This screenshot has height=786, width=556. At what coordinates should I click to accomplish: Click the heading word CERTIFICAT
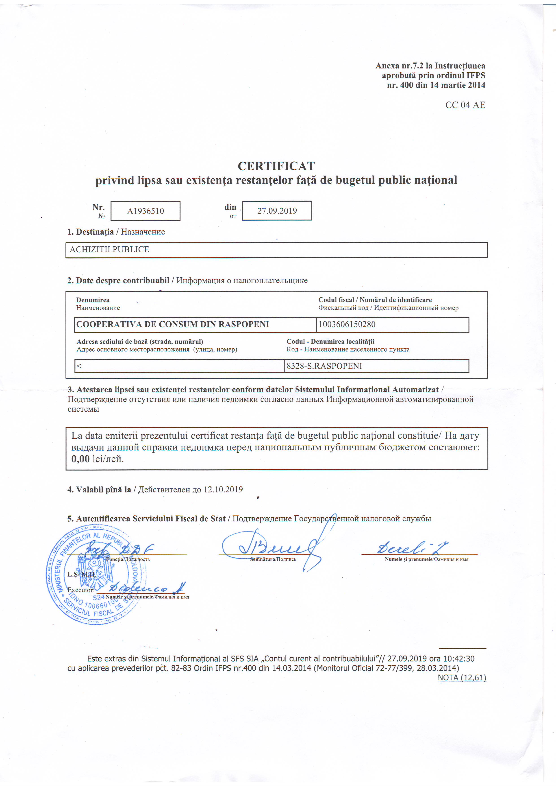coord(276,166)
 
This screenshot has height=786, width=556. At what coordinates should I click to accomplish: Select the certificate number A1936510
coord(146,211)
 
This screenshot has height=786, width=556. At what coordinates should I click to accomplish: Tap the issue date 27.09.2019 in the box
coord(277,211)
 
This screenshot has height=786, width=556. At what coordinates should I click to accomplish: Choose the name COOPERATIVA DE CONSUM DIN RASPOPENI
coord(173,324)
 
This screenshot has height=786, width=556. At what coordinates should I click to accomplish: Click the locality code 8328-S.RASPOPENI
coord(324,366)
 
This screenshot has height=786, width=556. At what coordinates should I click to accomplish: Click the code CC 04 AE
coord(465,105)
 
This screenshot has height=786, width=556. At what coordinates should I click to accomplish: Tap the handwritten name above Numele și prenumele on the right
coord(413,548)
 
